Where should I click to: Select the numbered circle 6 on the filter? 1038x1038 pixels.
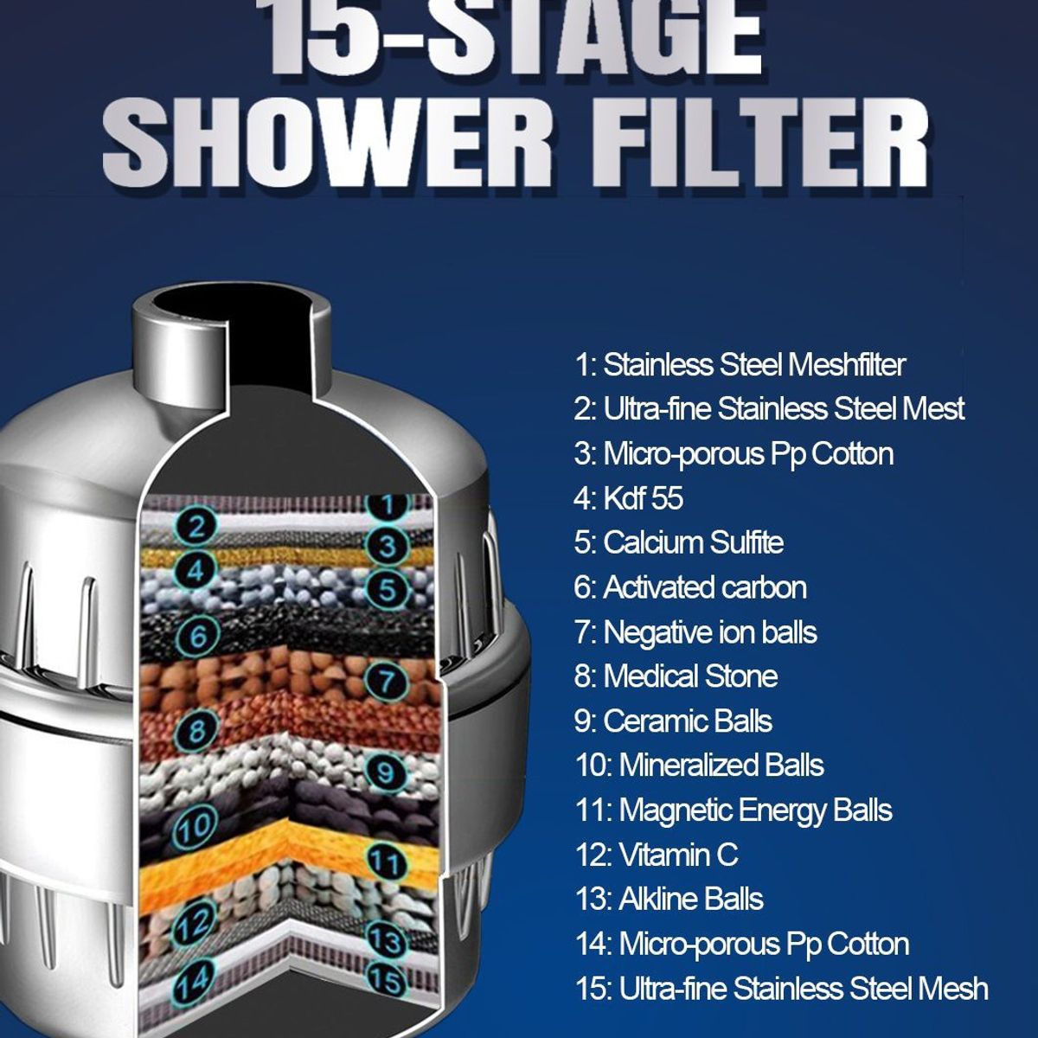click(x=199, y=637)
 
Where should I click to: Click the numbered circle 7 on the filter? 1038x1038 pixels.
click(x=387, y=681)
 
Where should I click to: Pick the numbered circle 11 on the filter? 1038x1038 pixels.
click(x=386, y=862)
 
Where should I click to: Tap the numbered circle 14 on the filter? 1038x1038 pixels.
click(x=193, y=981)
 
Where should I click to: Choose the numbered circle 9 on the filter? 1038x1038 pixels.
click(x=386, y=770)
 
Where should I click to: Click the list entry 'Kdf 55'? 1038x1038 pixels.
click(x=628, y=498)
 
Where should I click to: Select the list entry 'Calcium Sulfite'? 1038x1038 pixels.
click(x=678, y=542)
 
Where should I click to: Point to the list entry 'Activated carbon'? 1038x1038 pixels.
click(x=689, y=587)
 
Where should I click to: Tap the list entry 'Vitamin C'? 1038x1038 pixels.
click(x=657, y=855)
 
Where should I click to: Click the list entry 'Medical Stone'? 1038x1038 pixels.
click(x=676, y=676)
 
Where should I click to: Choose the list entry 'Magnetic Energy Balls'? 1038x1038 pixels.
click(x=733, y=810)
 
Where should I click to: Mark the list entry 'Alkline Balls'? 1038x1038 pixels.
click(x=669, y=899)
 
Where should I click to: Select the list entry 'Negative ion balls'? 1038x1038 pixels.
click(x=695, y=631)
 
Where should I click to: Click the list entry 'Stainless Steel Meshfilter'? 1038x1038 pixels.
click(x=740, y=364)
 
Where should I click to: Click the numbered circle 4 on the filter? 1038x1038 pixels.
click(x=197, y=571)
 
